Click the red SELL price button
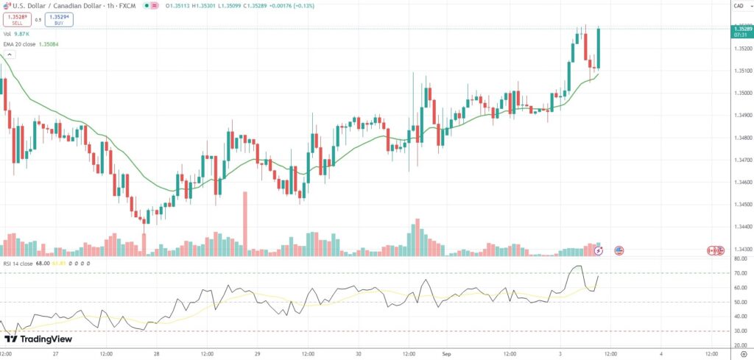pyautogui.click(x=17, y=20)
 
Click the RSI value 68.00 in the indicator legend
pyautogui.click(x=42, y=263)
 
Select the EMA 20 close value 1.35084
pyautogui.click(x=48, y=44)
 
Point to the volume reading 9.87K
pyautogui.click(x=22, y=34)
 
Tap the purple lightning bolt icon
pyautogui.click(x=599, y=250)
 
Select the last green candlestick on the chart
pyautogui.click(x=599, y=49)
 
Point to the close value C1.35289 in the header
pyautogui.click(x=264, y=6)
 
